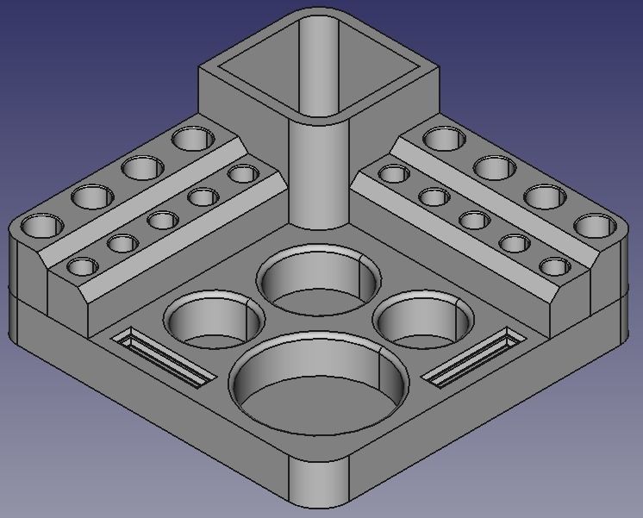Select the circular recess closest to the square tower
click(x=319, y=280)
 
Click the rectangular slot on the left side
click(x=164, y=355)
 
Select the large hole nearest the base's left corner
click(x=41, y=228)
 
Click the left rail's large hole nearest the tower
click(x=193, y=138)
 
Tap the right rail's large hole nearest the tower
click(x=444, y=138)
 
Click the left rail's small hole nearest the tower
click(x=242, y=175)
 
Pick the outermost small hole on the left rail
click(x=83, y=265)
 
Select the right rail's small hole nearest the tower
click(x=394, y=175)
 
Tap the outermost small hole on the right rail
click(x=554, y=265)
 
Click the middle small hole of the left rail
click(x=162, y=220)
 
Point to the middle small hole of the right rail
click(x=474, y=220)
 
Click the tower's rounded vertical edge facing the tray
click(x=319, y=181)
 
